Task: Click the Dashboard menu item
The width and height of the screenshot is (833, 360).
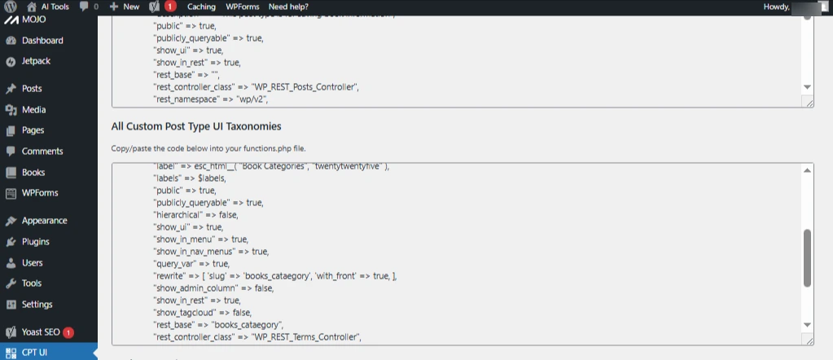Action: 42,41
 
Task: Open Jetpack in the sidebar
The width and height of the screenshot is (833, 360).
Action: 36,61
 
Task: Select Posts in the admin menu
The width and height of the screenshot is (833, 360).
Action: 32,89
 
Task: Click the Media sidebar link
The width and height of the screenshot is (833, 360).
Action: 33,110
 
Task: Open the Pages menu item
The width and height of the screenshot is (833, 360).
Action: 33,130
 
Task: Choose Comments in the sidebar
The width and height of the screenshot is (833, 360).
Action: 42,151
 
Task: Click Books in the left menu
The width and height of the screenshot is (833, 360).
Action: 33,173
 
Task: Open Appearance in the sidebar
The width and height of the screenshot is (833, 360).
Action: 44,221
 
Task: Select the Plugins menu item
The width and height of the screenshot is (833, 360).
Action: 35,242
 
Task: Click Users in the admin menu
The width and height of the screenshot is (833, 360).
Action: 32,263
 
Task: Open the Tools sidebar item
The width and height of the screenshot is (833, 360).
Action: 32,283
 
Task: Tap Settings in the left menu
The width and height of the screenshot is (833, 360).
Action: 37,305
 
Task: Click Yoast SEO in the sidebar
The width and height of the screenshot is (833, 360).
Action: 41,332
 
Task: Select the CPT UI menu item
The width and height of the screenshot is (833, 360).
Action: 35,353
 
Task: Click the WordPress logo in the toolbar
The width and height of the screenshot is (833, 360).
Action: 10,7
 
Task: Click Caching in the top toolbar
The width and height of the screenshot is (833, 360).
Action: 201,7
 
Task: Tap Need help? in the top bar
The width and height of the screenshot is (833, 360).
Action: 288,7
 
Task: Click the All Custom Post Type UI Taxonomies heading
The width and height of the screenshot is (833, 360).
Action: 196,126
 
